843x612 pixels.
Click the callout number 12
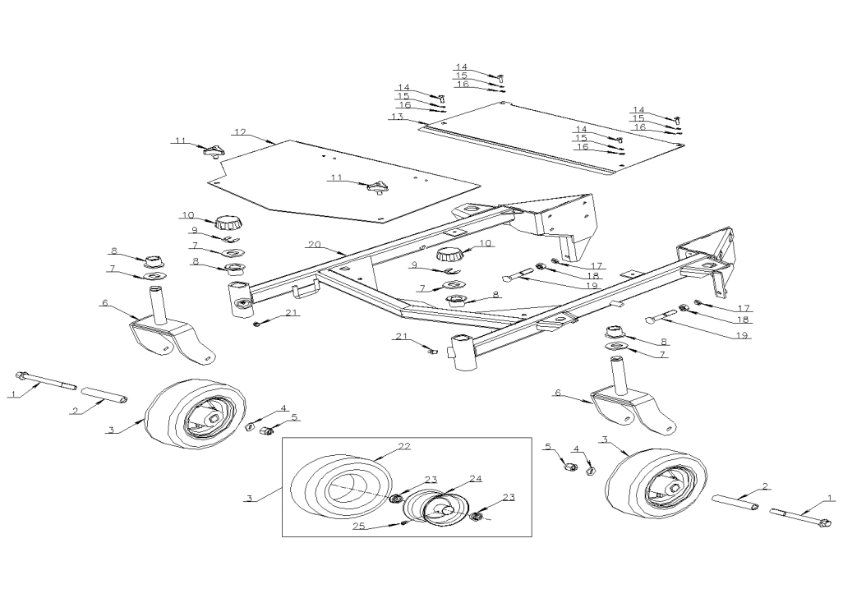[240, 131]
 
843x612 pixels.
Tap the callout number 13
[397, 117]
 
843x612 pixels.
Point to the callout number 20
[314, 245]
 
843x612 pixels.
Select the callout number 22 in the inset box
[403, 445]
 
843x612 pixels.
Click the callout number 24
[475, 478]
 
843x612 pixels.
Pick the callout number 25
[358, 526]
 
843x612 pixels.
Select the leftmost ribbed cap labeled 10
[228, 221]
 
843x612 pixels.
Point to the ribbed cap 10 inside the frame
[449, 254]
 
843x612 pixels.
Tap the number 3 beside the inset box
[249, 498]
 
